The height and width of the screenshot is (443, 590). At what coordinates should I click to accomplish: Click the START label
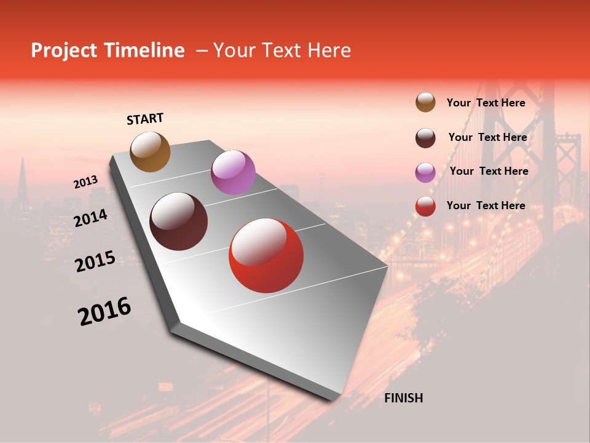tap(146, 119)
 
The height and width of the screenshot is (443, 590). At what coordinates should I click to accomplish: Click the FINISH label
tap(403, 398)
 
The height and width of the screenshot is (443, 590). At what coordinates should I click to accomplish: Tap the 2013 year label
tap(86, 182)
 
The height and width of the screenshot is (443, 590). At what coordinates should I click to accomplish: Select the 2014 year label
tap(91, 218)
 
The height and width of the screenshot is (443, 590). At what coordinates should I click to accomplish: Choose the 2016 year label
tap(104, 311)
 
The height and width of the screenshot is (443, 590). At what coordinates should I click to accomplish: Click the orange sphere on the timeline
tap(150, 152)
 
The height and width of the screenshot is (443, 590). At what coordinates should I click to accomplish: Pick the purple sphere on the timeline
tap(233, 172)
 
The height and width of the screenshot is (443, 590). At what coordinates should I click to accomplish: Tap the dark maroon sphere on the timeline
tap(178, 221)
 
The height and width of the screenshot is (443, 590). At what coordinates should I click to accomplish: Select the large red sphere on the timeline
tap(266, 256)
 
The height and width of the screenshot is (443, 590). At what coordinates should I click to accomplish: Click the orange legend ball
tap(425, 103)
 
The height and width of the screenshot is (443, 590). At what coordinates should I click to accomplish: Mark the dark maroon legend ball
tap(425, 138)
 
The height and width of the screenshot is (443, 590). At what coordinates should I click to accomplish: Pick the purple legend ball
tap(425, 172)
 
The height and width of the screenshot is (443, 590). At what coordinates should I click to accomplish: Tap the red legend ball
tap(425, 206)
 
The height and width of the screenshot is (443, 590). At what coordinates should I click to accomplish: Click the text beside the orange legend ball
tap(486, 103)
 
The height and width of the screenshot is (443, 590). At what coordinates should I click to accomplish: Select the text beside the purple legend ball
tap(489, 171)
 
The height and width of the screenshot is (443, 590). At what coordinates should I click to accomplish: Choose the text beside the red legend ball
tap(486, 206)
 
